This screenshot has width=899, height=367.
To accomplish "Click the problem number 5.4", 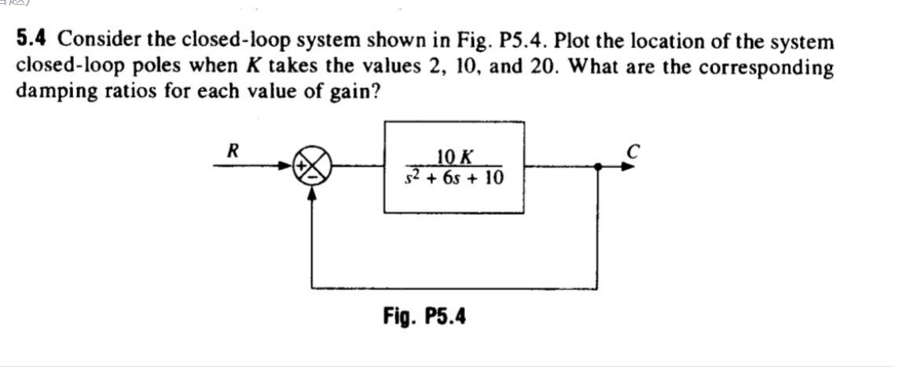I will (x=34, y=40).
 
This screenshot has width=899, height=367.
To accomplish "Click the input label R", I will (x=232, y=149).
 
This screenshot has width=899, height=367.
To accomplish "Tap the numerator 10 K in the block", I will (x=454, y=156).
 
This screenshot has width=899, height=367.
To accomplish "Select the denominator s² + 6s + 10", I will (x=454, y=178).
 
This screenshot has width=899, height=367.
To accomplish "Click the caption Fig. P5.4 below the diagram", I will (x=424, y=317).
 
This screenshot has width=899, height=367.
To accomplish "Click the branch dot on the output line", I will (x=599, y=167).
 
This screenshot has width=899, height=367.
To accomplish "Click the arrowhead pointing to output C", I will (x=628, y=167).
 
